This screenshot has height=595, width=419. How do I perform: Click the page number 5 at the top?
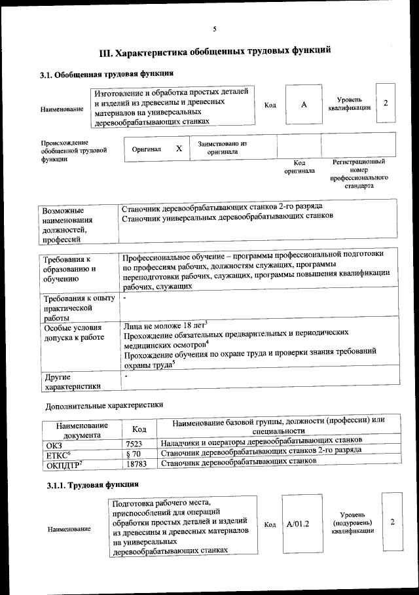pos(214,27)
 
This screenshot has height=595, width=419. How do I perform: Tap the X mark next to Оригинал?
pos(179,149)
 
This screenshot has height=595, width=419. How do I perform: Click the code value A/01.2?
pos(297,524)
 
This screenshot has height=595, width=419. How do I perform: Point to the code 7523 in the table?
pos(134,443)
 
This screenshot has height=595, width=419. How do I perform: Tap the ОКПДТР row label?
pos(64,465)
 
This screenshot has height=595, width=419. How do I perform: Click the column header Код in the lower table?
pos(139,429)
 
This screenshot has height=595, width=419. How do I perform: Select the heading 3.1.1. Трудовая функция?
pos(92,485)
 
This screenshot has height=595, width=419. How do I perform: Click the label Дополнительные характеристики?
pos(104,406)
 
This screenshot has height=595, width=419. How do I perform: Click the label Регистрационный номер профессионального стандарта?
pos(359,173)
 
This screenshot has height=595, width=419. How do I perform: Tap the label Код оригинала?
pos(299,167)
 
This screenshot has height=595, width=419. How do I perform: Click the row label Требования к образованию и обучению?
pos(69,269)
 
